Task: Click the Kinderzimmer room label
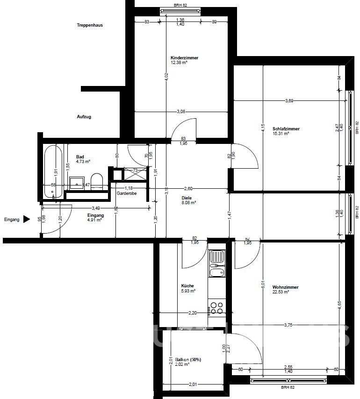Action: [184, 57]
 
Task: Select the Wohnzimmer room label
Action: [286, 287]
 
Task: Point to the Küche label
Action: [187, 285]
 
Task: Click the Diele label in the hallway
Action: [187, 198]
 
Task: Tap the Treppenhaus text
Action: [90, 25]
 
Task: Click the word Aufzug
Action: [84, 116]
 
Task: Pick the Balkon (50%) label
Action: [188, 359]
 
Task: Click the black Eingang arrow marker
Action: [27, 219]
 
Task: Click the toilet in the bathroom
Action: [97, 181]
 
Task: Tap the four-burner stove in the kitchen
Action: [216, 307]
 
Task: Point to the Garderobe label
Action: [126, 193]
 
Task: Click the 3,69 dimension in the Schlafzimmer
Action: [290, 101]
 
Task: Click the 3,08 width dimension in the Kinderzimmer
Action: [181, 111]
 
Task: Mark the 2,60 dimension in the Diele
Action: [188, 188]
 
